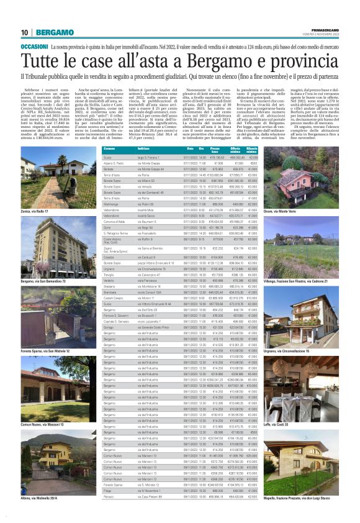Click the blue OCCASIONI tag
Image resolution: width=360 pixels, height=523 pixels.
pyautogui.click(x=34, y=46)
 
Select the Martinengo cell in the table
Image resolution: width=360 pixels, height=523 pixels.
pyautogui.click(x=112, y=203)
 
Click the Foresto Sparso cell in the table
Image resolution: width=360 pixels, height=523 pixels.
pyautogui.click(x=114, y=484)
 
